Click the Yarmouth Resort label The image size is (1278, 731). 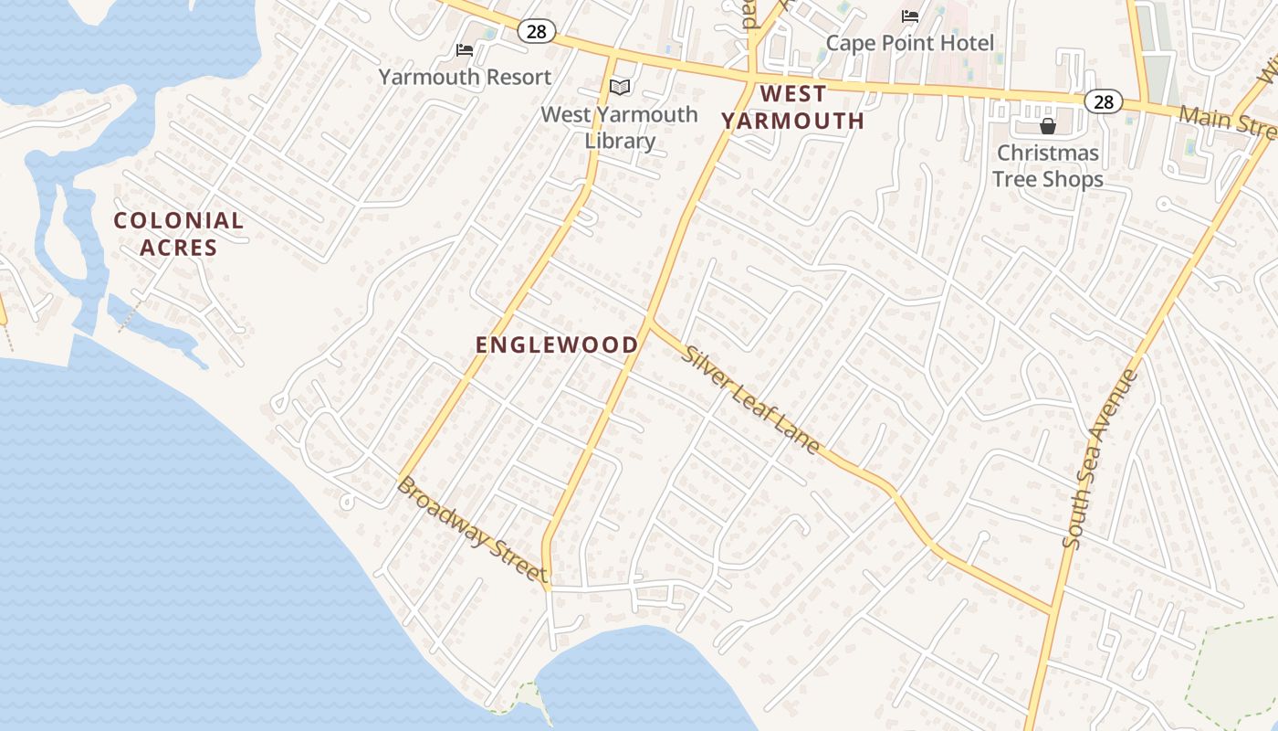(x=465, y=77)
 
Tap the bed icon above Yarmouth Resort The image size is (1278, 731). (x=465, y=49)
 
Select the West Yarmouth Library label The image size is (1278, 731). (x=619, y=127)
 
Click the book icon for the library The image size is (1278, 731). (x=620, y=88)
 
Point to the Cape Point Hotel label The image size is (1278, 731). (x=909, y=43)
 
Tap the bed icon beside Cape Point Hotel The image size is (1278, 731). (x=909, y=16)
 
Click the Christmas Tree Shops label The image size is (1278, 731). (x=1047, y=165)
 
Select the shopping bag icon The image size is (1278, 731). (x=1047, y=126)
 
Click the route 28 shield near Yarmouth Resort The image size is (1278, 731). (x=537, y=32)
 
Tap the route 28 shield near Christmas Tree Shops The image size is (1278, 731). (x=1104, y=101)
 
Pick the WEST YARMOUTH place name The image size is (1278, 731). (x=792, y=107)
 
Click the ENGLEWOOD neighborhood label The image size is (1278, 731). (x=557, y=344)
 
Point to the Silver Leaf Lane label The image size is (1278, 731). (x=750, y=399)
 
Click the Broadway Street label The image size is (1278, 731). (x=472, y=529)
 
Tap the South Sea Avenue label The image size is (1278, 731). (x=1101, y=459)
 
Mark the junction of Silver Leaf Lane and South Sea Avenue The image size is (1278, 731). (x=1054, y=610)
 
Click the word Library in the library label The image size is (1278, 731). (x=620, y=141)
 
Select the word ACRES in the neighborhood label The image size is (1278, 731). (x=178, y=248)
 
